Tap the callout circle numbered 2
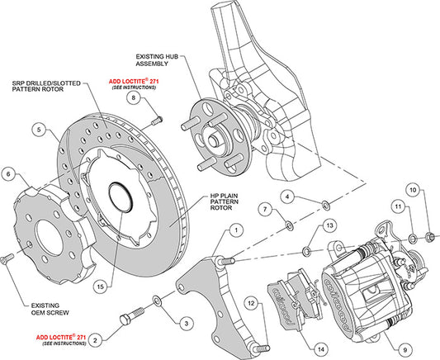[97, 339]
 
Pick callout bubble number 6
[8, 174]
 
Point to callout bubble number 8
[131, 98]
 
